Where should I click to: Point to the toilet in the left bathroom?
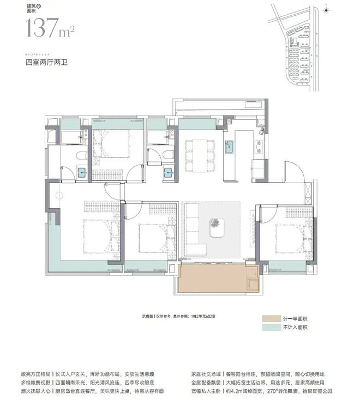click(81, 156)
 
